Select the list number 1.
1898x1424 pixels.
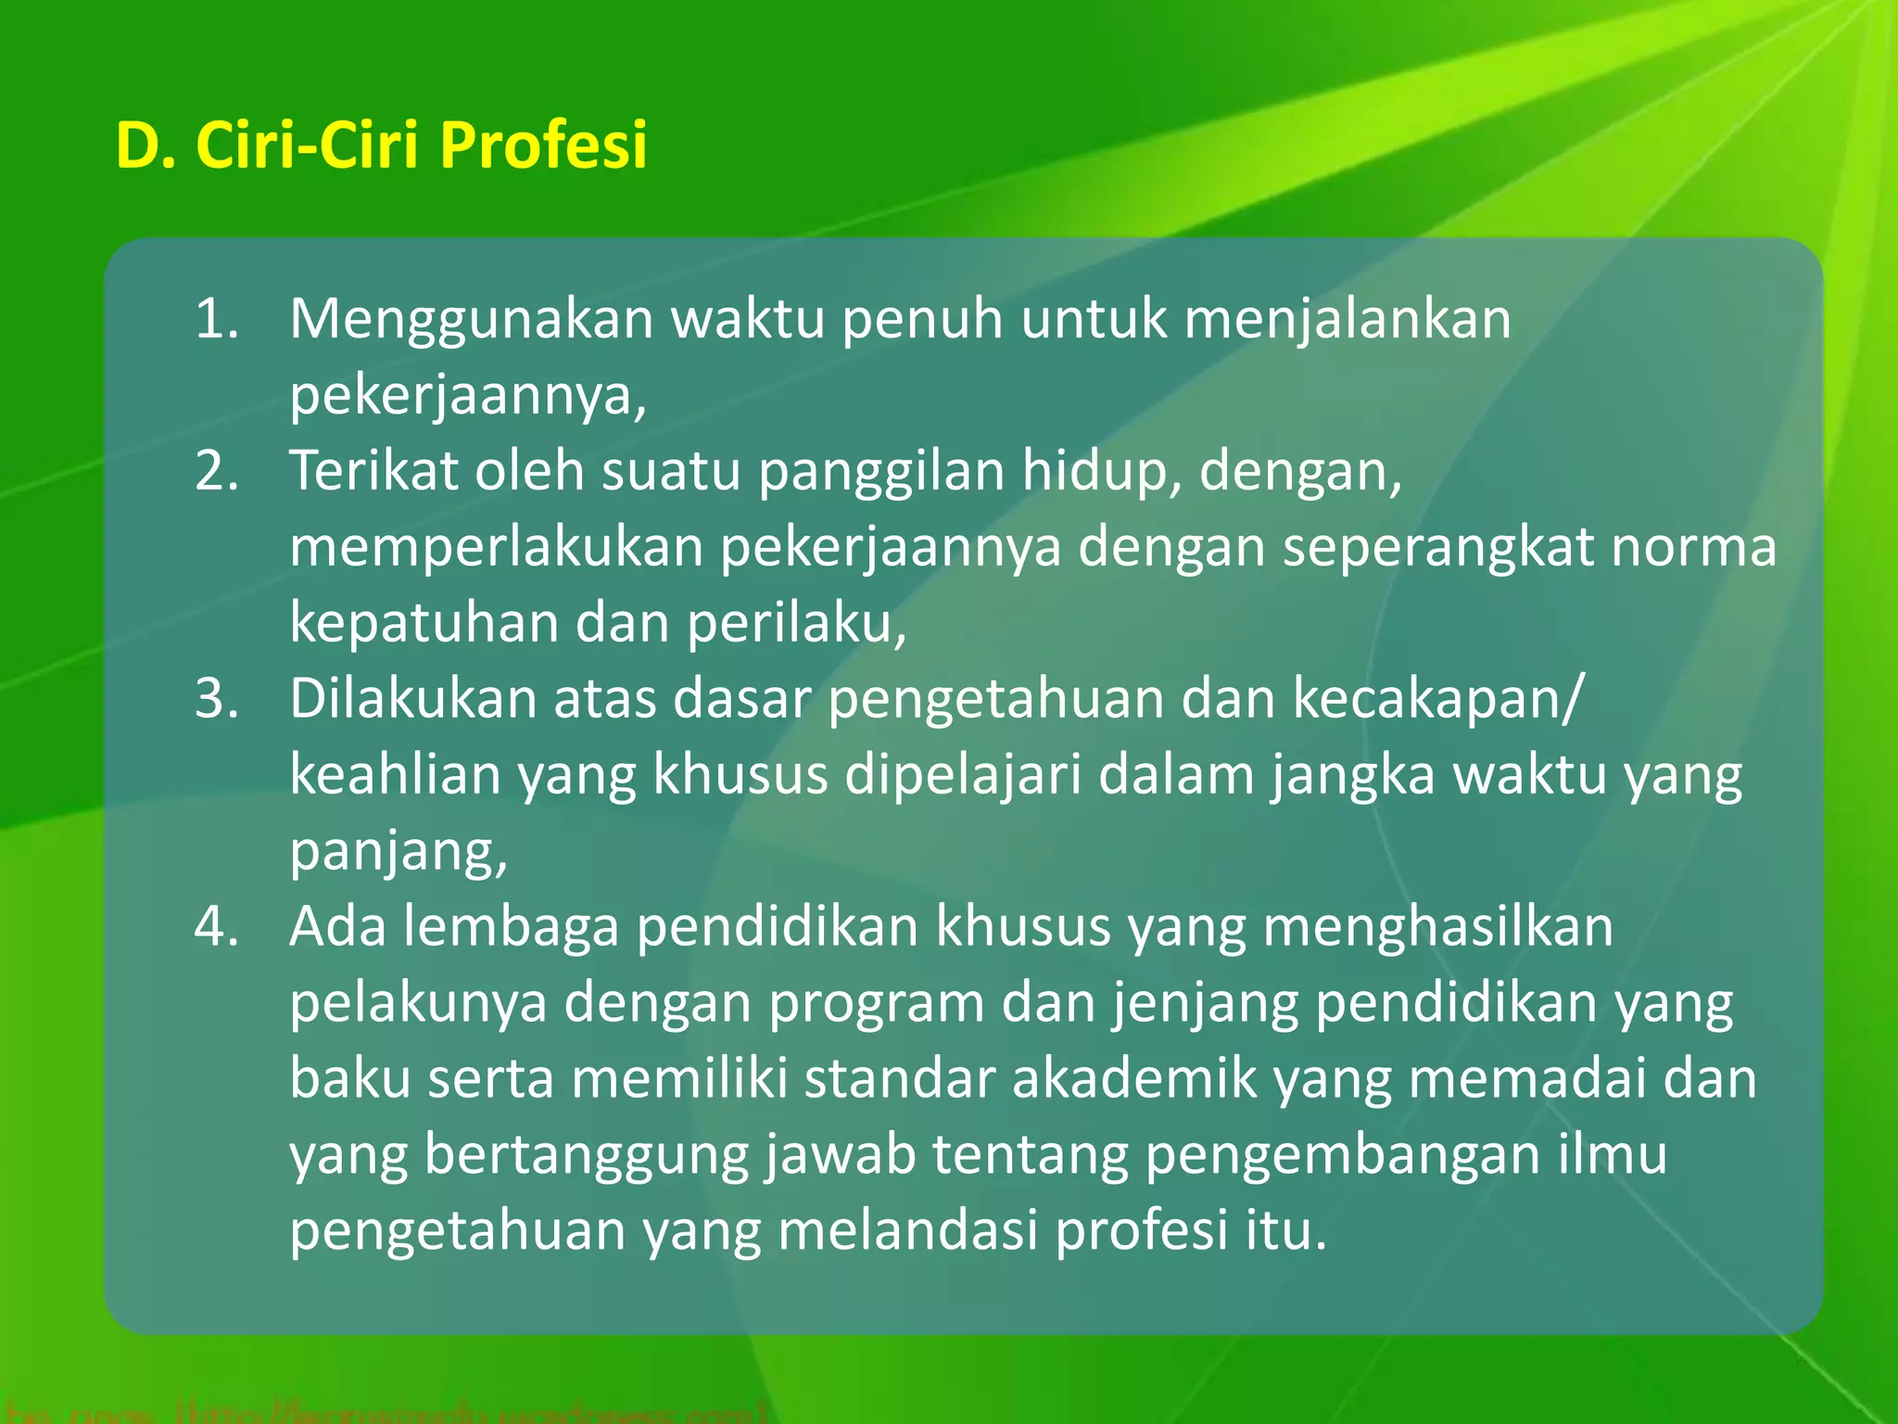click(217, 319)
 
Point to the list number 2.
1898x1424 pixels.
click(217, 471)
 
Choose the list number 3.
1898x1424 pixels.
click(217, 699)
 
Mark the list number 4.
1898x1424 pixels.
click(217, 927)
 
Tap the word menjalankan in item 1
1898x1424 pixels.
click(1348, 321)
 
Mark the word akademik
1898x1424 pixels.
click(1134, 1079)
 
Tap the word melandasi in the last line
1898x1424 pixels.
click(907, 1231)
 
